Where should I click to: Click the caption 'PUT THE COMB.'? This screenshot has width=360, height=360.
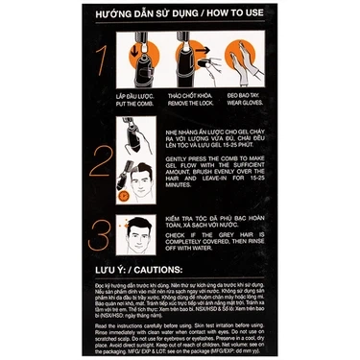point(138,107)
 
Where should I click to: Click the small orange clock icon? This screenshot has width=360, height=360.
point(124,196)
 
